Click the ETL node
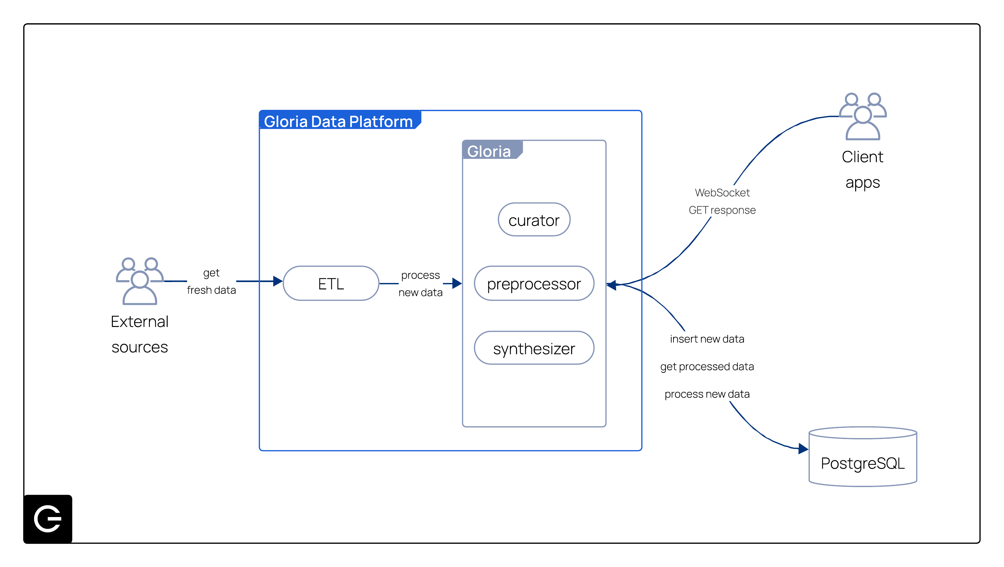click(331, 283)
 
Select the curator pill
click(534, 220)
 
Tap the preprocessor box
click(534, 283)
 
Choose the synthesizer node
click(534, 348)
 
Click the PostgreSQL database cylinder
click(862, 458)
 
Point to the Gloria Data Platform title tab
click(338, 121)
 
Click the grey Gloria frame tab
click(490, 151)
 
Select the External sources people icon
click(140, 281)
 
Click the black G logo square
click(48, 518)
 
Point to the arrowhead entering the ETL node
click(278, 281)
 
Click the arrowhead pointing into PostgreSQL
click(803, 449)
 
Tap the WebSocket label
click(722, 193)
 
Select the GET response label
click(722, 210)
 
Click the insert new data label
click(707, 339)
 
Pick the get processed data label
click(707, 366)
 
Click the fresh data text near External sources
click(211, 290)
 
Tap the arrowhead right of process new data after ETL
click(457, 283)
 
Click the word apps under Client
click(862, 182)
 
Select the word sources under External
click(140, 347)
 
